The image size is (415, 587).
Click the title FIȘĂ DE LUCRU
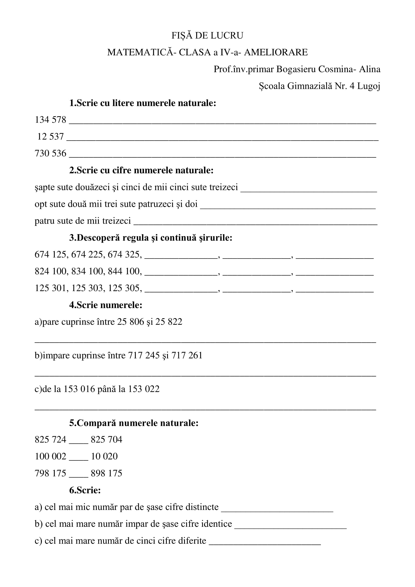[207, 35]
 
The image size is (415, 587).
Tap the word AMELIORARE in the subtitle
[276, 52]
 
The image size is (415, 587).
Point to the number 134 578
[50, 120]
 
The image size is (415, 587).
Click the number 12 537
[50, 137]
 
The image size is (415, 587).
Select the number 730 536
[50, 153]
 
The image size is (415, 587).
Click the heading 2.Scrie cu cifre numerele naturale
[141, 170]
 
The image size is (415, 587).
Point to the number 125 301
[50, 288]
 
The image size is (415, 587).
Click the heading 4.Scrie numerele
[106, 305]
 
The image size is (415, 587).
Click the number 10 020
[104, 456]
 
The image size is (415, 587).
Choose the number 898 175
[106, 474]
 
